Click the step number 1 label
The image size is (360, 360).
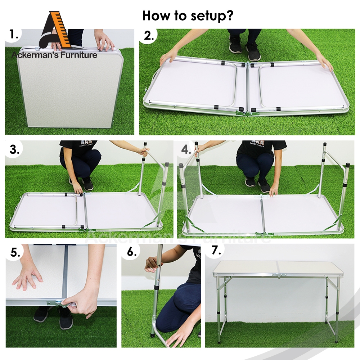(x=14, y=35)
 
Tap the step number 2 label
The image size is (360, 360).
(x=149, y=36)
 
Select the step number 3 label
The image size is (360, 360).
(x=15, y=149)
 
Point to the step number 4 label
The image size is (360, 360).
(x=186, y=149)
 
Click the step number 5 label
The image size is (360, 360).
(x=15, y=252)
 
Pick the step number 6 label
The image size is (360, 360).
(x=132, y=252)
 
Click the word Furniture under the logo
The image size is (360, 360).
(x=79, y=55)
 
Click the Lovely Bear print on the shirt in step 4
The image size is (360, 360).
(x=257, y=144)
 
